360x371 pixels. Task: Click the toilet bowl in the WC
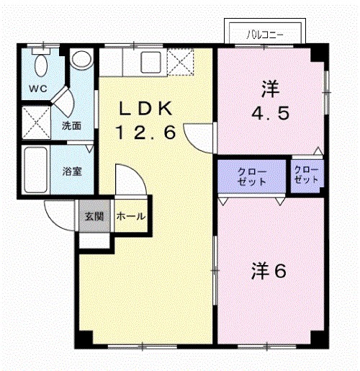click(x=42, y=66)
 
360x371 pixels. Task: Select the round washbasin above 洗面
click(x=82, y=60)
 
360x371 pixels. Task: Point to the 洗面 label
click(x=71, y=125)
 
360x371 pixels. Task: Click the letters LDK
click(x=145, y=109)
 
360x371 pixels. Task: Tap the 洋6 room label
click(x=269, y=272)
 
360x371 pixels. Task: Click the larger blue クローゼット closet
click(x=252, y=176)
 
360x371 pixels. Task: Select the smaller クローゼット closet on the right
click(x=307, y=174)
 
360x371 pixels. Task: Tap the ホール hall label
click(x=130, y=215)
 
